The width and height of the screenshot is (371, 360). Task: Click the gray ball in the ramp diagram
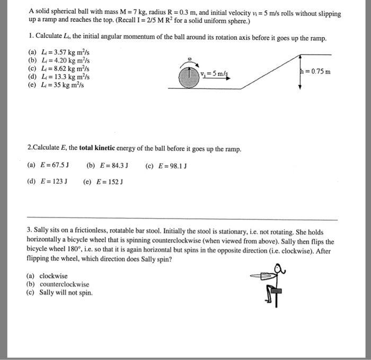[x=189, y=77]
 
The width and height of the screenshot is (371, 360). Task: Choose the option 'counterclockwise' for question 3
[x=64, y=284]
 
